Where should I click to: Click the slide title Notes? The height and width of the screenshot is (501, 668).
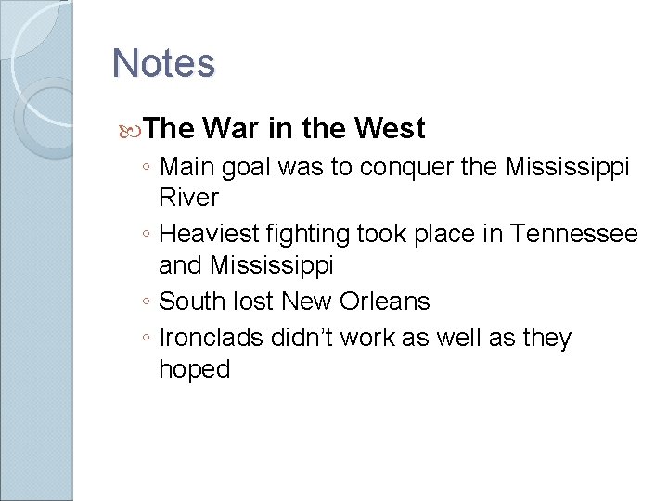[163, 64]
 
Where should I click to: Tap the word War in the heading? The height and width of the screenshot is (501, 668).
[232, 128]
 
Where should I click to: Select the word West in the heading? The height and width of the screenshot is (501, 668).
[390, 128]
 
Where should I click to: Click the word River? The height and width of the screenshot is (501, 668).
[188, 198]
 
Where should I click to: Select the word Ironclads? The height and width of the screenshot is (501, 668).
[211, 339]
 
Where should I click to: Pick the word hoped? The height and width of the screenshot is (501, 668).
[194, 369]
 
